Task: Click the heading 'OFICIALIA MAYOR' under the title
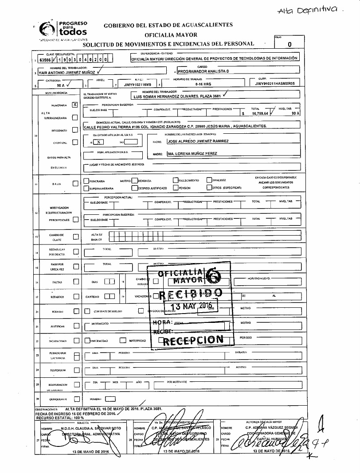[167, 34]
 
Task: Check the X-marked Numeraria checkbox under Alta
[74, 105]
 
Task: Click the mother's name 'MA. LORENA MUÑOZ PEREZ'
[192, 153]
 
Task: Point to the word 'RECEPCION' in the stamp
[193, 340]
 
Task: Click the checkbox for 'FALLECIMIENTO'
[176, 180]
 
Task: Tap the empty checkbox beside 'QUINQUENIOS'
[76, 399]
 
